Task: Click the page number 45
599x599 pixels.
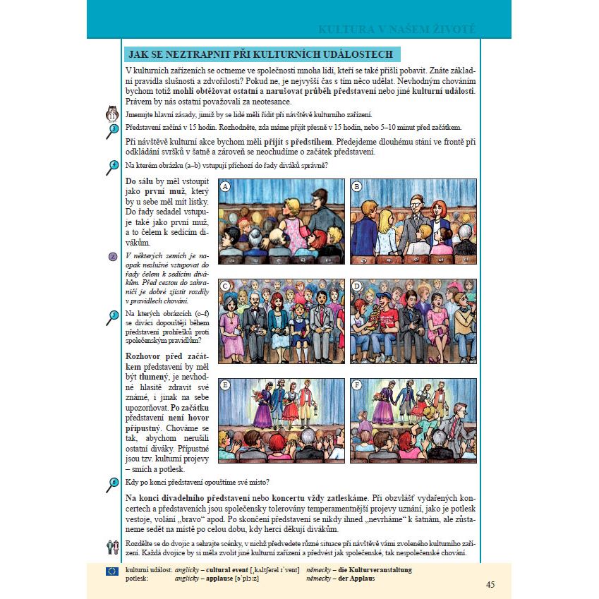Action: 490,584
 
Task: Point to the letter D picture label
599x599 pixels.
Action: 357,286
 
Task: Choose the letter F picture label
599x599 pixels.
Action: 357,385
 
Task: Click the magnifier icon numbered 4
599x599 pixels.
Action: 111,167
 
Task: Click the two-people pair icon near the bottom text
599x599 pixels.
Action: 111,545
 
